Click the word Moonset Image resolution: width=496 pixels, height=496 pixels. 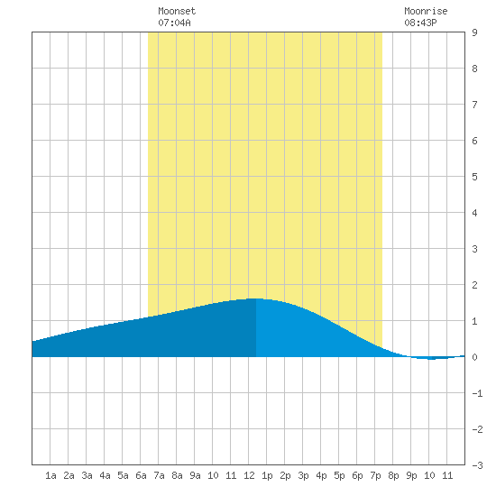(x=177, y=11)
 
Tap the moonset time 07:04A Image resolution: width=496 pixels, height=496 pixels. (x=174, y=23)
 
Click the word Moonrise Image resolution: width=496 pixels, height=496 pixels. (x=426, y=11)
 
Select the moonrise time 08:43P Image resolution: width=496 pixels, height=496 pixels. (x=420, y=23)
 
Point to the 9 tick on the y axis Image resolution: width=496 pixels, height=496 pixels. (x=474, y=32)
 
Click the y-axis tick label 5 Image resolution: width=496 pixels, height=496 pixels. (x=474, y=177)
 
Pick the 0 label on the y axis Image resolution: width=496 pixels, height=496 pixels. (x=474, y=357)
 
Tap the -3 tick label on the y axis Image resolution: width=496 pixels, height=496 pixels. (x=477, y=465)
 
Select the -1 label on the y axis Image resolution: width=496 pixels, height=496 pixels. (x=477, y=393)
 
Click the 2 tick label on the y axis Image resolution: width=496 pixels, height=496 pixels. (x=474, y=285)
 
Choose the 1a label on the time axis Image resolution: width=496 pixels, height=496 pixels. (x=51, y=475)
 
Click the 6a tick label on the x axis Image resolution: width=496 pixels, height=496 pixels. (x=141, y=475)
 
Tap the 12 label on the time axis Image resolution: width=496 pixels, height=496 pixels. (x=249, y=475)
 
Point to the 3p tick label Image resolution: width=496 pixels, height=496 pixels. (x=303, y=475)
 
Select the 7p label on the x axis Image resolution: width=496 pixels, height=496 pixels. (x=375, y=475)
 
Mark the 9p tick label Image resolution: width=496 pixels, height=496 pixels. (x=411, y=475)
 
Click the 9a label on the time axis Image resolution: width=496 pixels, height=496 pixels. (x=195, y=475)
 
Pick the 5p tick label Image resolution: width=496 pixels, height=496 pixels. (x=339, y=475)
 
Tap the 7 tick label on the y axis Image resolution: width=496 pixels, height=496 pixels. (x=474, y=105)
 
